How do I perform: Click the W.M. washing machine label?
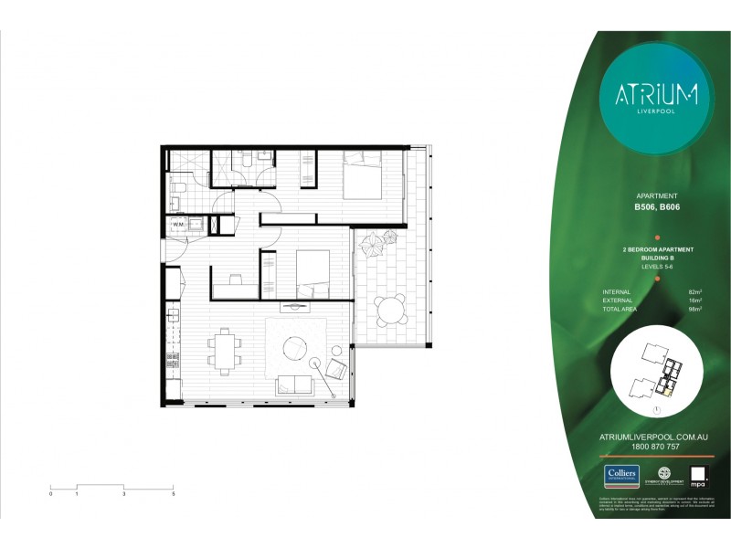click(180, 224)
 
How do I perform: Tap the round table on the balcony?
click(392, 310)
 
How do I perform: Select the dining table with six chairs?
click(223, 349)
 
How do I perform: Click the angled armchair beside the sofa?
click(335, 369)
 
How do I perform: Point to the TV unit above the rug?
click(295, 304)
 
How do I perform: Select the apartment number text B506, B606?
click(656, 206)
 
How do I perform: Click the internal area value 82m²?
click(694, 292)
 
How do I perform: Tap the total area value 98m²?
click(694, 311)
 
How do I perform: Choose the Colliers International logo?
click(621, 475)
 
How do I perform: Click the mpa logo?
click(698, 475)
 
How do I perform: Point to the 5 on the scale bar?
click(173, 493)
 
